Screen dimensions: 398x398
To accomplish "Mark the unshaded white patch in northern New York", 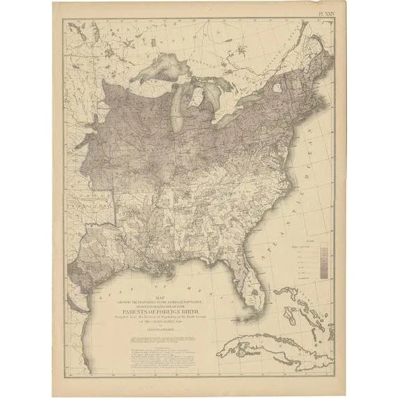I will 276,88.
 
